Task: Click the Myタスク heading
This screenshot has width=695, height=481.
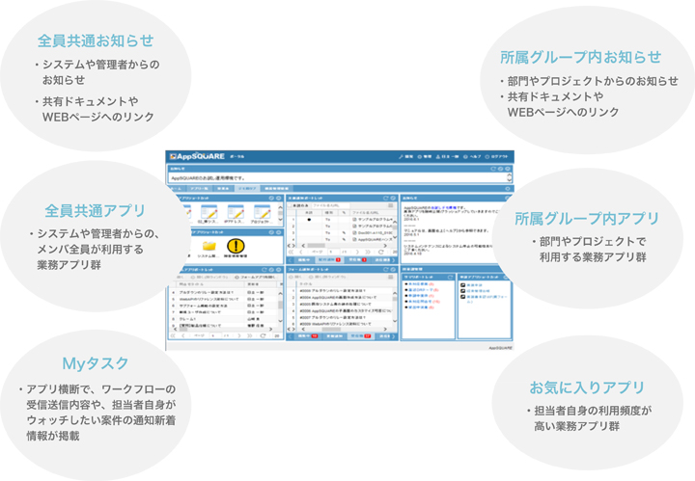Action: click(x=95, y=363)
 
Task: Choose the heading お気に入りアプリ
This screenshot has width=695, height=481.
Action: click(x=586, y=387)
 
